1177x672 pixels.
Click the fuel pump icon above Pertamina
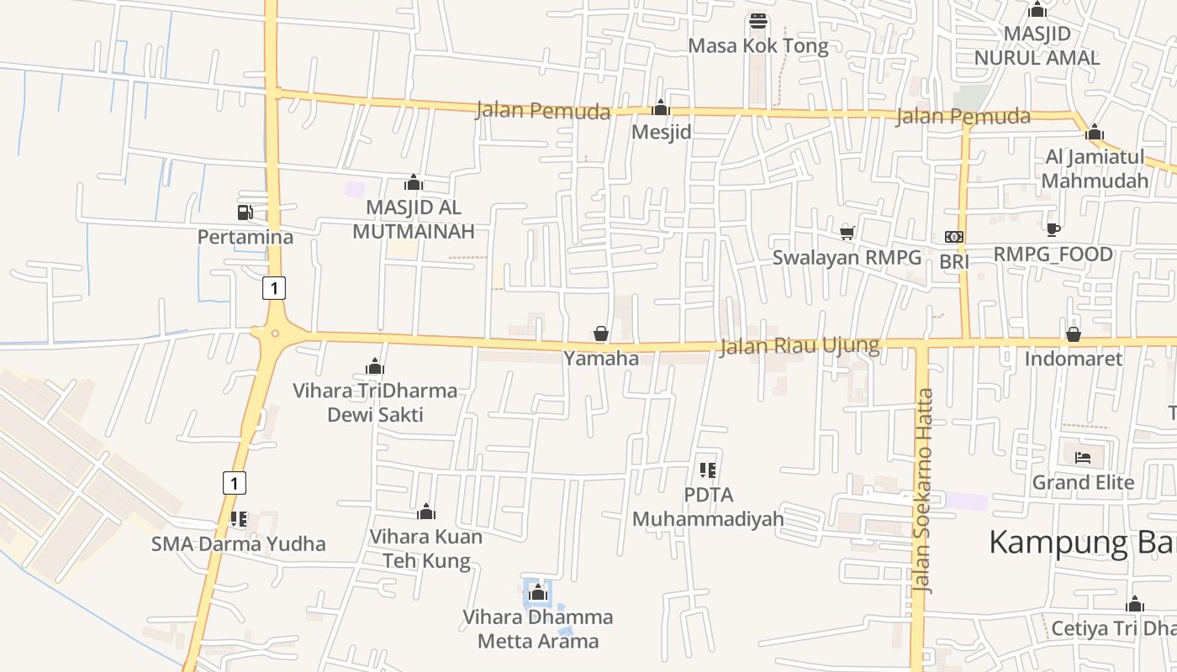pyautogui.click(x=245, y=213)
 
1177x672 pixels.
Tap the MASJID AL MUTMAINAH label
pyautogui.click(x=413, y=219)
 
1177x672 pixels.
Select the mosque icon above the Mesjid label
pyautogui.click(x=661, y=108)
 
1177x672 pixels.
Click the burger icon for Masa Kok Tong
pyautogui.click(x=758, y=21)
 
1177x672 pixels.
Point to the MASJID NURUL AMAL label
pyautogui.click(x=1037, y=46)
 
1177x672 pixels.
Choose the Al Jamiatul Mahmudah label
pyautogui.click(x=1095, y=169)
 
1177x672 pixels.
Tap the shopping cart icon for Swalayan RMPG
pyautogui.click(x=847, y=233)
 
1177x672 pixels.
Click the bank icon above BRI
pyautogui.click(x=954, y=237)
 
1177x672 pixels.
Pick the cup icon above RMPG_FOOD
pyautogui.click(x=1053, y=229)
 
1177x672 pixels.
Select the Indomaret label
pyautogui.click(x=1073, y=359)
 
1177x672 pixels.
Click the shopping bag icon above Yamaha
pyautogui.click(x=601, y=334)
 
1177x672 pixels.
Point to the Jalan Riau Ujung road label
pyautogui.click(x=799, y=346)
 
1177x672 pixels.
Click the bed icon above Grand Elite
pyautogui.click(x=1083, y=458)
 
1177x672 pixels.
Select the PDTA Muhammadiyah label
pyautogui.click(x=708, y=507)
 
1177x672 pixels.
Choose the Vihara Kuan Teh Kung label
pyautogui.click(x=426, y=549)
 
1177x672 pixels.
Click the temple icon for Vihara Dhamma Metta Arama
pyautogui.click(x=538, y=594)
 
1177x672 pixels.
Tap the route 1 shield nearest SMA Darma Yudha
pyautogui.click(x=235, y=483)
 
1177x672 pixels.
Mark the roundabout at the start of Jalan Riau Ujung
pyautogui.click(x=275, y=333)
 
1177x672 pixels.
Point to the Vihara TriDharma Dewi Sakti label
pyautogui.click(x=375, y=402)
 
